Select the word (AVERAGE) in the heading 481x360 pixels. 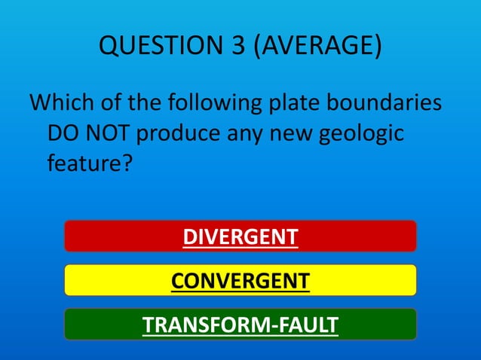click(317, 46)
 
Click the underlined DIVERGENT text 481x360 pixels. click(240, 236)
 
